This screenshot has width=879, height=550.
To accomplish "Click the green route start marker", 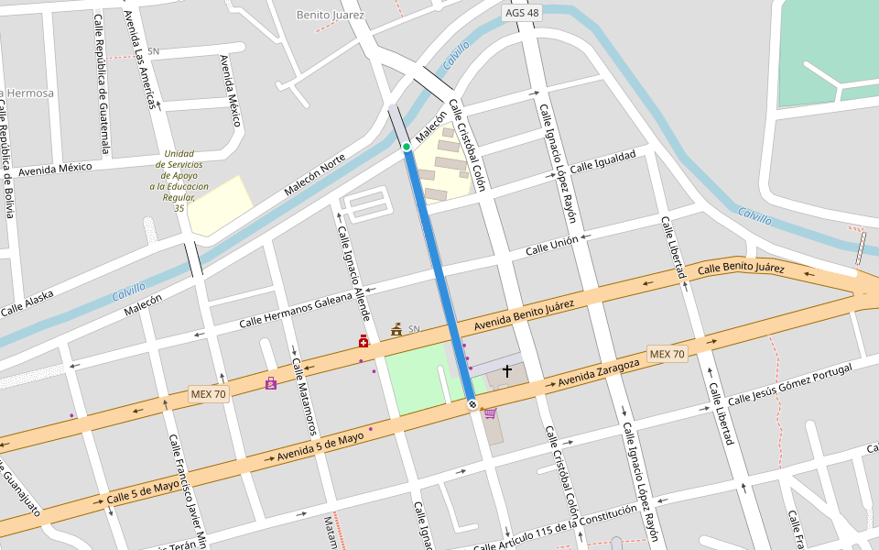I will pos(407,147).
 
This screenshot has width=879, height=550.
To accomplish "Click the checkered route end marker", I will pos(472,403).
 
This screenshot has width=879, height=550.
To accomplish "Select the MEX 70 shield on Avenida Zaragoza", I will pos(667,354).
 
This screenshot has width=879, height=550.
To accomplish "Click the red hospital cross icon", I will pos(364,342).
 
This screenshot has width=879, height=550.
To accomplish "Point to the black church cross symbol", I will pos(507,371).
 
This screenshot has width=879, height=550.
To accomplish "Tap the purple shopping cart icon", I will pos(490,413).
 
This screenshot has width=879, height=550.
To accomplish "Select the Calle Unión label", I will pos(552,246).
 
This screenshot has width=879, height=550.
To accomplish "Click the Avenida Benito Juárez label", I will pos(524,316).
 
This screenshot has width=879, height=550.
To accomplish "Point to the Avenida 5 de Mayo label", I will pos(320,446).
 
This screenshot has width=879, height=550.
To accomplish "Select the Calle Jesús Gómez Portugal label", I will pos(789,384).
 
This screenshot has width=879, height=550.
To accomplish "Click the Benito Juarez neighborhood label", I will pos(331,15).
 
